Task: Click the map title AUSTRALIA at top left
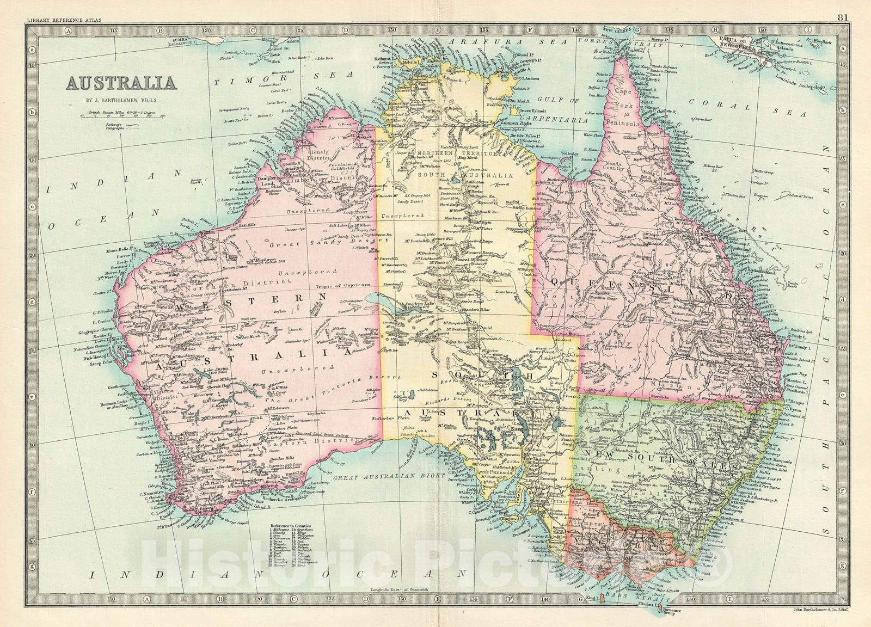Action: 121,83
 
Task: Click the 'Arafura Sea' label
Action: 506,41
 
